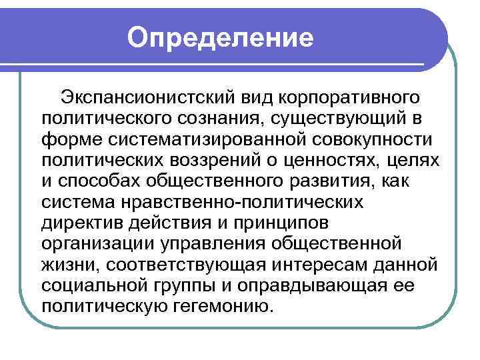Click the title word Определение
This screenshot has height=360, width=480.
coord(221,37)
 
